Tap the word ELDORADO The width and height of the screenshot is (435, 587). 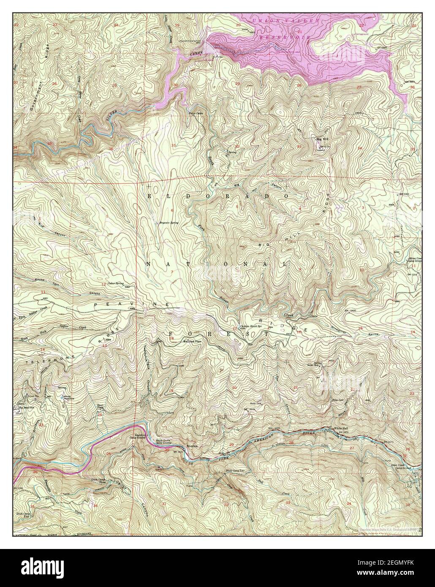pos(218,197)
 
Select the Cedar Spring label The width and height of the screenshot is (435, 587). pos(115,283)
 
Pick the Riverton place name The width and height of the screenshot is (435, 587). pos(191,446)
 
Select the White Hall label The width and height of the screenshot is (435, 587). pos(340,429)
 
